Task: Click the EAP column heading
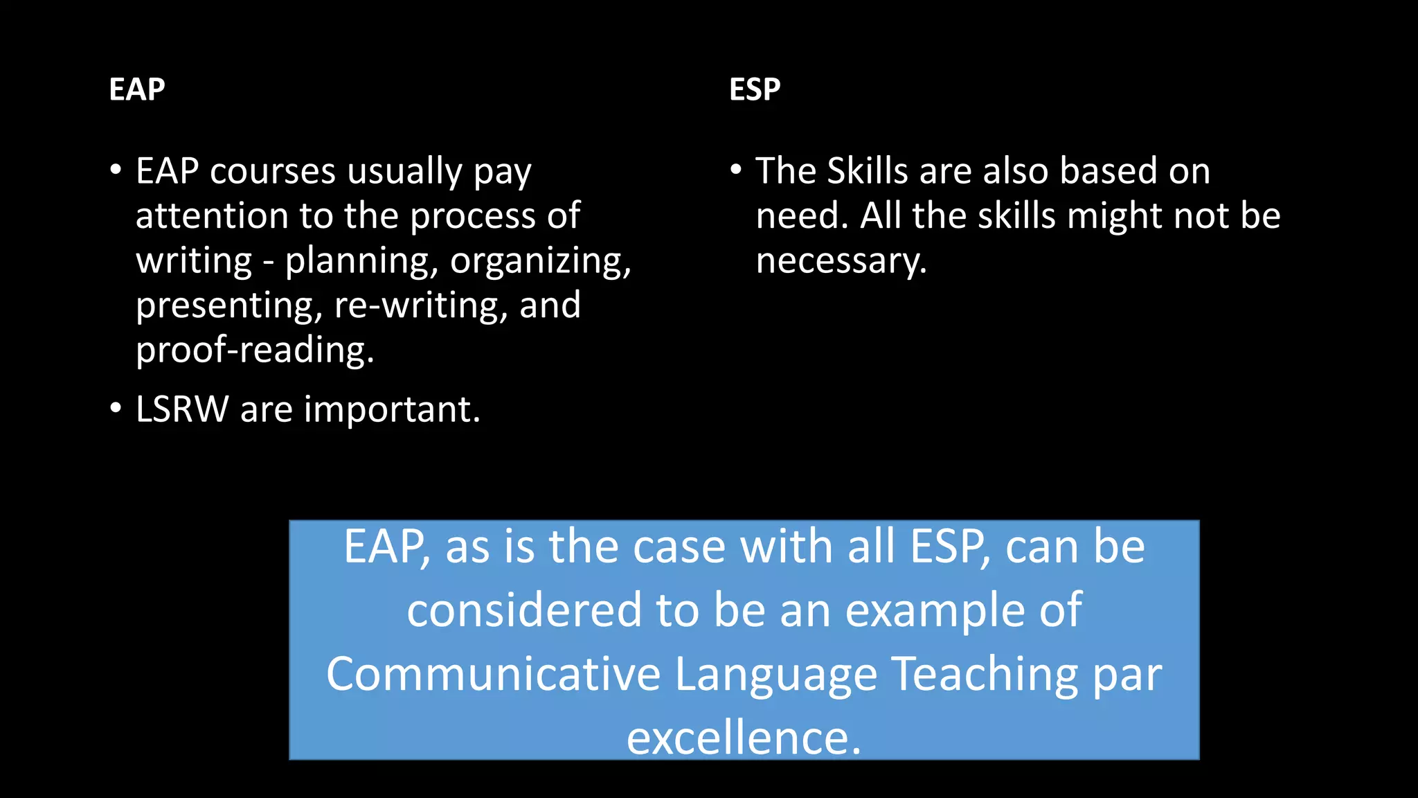point(137,89)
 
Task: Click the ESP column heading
point(755,89)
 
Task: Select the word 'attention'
point(212,216)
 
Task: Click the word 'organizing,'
point(541,261)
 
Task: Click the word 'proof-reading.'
point(255,350)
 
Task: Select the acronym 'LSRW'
point(182,409)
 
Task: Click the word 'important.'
point(392,409)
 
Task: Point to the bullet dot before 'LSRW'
point(116,409)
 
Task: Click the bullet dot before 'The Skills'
point(736,170)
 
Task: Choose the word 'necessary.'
point(841,261)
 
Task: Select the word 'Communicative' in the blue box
point(493,674)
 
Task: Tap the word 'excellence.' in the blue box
point(744,738)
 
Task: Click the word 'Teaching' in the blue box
point(984,674)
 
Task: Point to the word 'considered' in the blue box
point(524,610)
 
